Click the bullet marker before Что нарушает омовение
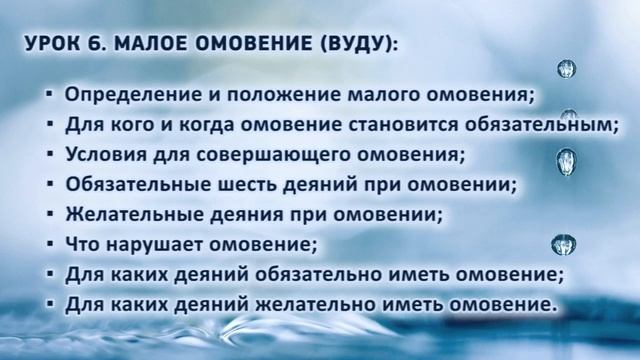[51, 243]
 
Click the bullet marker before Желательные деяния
[51, 214]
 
